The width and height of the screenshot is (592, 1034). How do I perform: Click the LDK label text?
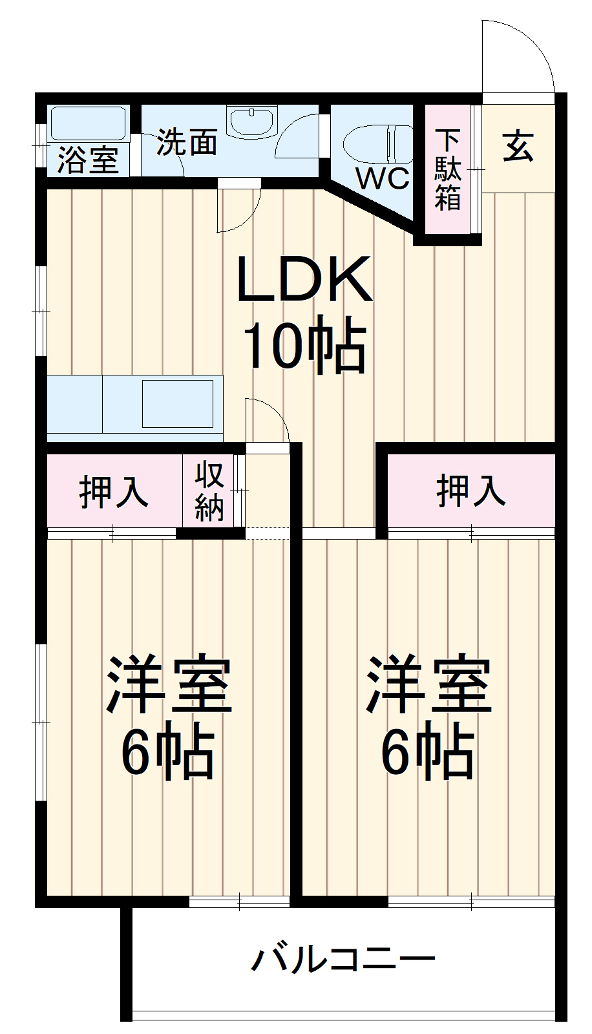tap(304, 279)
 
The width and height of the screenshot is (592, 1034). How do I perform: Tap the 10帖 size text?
tap(305, 344)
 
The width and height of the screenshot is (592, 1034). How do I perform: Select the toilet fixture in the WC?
tap(377, 144)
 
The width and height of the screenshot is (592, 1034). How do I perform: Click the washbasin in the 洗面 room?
tap(252, 122)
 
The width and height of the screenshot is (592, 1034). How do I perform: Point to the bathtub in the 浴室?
tap(88, 123)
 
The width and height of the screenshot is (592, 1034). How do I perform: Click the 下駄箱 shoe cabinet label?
tap(448, 170)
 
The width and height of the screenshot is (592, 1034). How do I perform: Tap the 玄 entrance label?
tap(518, 146)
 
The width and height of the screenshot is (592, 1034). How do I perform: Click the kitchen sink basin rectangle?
tap(178, 403)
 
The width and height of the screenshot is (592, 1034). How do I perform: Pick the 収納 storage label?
tap(209, 492)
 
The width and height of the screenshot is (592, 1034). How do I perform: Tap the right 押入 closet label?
tap(471, 491)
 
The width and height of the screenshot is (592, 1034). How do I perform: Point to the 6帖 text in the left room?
tap(167, 750)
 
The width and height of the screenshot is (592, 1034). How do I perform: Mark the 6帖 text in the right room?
tap(428, 750)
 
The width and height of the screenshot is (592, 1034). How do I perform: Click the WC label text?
tap(383, 178)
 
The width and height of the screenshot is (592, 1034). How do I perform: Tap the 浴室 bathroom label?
tap(88, 160)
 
